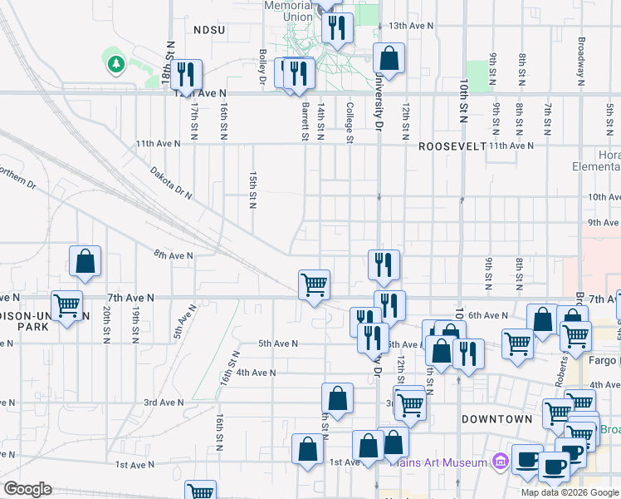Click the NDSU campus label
pyautogui.click(x=209, y=29)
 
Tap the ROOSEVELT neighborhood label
pyautogui.click(x=451, y=146)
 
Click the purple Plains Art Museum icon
pyautogui.click(x=499, y=460)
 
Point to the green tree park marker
pyautogui.click(x=115, y=63)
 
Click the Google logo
pyautogui.click(x=27, y=489)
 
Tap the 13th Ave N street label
pyautogui.click(x=411, y=26)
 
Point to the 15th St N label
pyautogui.click(x=252, y=190)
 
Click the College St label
pyautogui.click(x=350, y=122)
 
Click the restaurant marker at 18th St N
pyautogui.click(x=185, y=75)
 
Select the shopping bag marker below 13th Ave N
pyautogui.click(x=388, y=58)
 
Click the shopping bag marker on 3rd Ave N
pyautogui.click(x=337, y=398)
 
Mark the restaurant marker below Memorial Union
pyautogui.click(x=336, y=28)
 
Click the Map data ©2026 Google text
pyautogui.click(x=570, y=492)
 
